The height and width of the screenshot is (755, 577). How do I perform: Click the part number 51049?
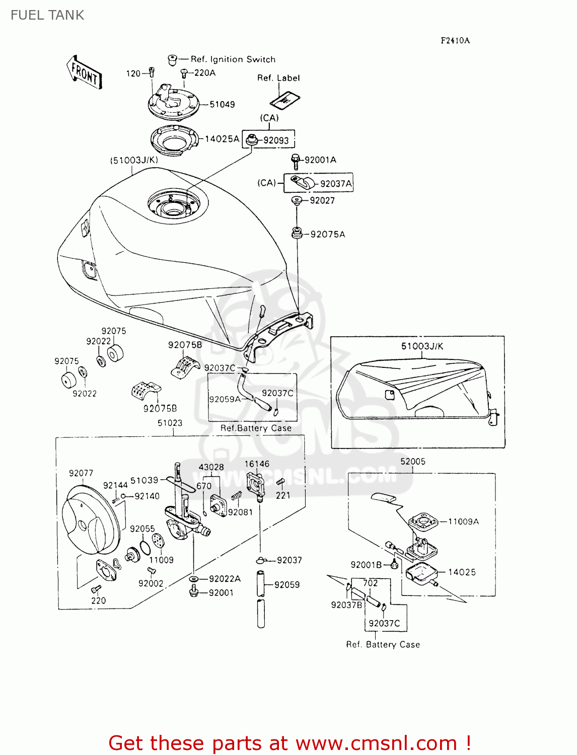[222, 105]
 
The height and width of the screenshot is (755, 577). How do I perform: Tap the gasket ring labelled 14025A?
[175, 139]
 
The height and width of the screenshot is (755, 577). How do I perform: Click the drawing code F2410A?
[455, 41]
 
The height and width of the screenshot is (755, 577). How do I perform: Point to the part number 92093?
[276, 140]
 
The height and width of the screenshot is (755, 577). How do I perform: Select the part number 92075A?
[328, 235]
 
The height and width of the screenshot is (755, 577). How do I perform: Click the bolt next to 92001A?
[296, 161]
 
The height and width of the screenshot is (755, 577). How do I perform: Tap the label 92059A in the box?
[225, 400]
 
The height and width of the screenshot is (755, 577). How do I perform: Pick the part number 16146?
[257, 464]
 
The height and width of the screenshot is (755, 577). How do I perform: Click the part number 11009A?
[463, 522]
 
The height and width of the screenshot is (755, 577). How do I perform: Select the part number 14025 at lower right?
[462, 572]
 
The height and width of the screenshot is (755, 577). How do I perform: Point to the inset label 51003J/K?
[422, 346]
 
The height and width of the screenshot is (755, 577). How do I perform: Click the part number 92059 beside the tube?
[286, 585]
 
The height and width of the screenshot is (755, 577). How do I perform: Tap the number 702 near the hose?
[370, 583]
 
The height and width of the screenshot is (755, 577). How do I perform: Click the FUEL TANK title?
[47, 15]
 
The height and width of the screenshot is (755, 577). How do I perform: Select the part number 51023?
[170, 423]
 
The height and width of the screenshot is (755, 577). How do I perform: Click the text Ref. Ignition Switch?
[233, 59]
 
